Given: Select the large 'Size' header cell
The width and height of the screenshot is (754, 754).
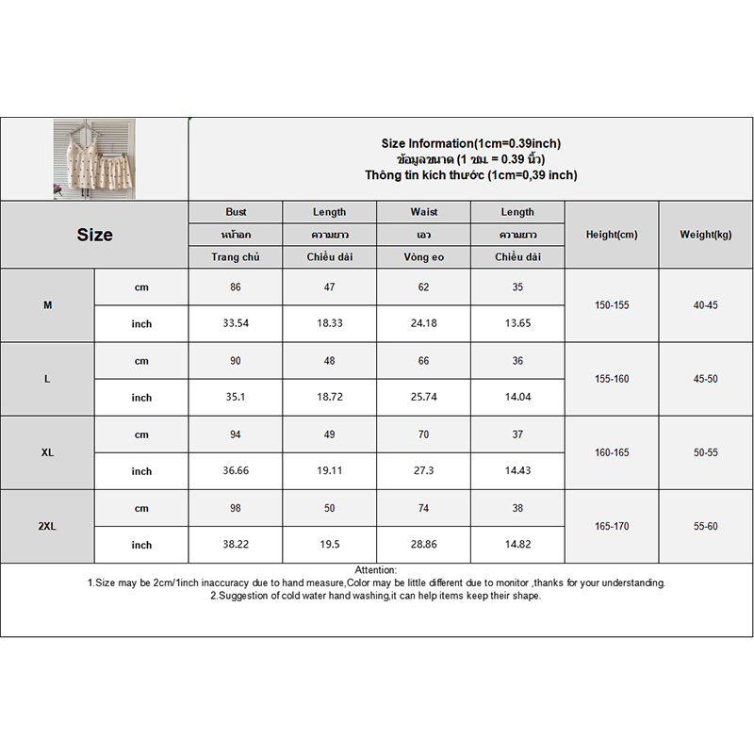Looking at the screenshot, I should [x=94, y=235].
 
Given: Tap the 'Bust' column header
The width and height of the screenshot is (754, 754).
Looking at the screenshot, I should [x=236, y=212].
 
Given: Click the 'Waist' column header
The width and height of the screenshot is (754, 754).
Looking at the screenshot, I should [x=424, y=212].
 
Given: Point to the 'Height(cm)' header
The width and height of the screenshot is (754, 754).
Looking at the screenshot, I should [x=612, y=235].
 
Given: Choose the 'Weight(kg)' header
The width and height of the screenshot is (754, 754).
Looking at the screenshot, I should [x=706, y=235].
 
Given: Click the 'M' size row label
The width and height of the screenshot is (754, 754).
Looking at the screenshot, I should [x=48, y=305].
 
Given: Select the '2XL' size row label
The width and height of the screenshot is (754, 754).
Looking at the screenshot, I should [x=48, y=527].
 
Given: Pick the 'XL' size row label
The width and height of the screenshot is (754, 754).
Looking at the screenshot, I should [x=48, y=452].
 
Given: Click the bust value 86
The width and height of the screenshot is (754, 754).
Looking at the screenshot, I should [x=236, y=287].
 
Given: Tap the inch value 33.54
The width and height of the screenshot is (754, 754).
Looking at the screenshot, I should [x=236, y=324].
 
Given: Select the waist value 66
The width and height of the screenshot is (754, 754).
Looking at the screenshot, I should [x=424, y=361].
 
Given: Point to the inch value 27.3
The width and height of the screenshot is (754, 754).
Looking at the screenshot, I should [x=424, y=471].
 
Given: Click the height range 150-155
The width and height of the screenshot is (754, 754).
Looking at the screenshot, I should [x=612, y=305].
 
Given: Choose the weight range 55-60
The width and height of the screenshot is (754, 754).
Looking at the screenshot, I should [x=706, y=527].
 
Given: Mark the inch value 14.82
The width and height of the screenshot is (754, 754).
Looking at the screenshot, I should [x=517, y=545].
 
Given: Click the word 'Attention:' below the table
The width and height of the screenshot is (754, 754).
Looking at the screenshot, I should [x=376, y=570].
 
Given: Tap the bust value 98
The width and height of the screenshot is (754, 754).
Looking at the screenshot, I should [x=236, y=509].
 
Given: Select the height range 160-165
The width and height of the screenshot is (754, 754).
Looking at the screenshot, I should [x=612, y=452].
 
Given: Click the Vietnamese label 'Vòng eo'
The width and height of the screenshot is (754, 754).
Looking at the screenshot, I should [x=424, y=257].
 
